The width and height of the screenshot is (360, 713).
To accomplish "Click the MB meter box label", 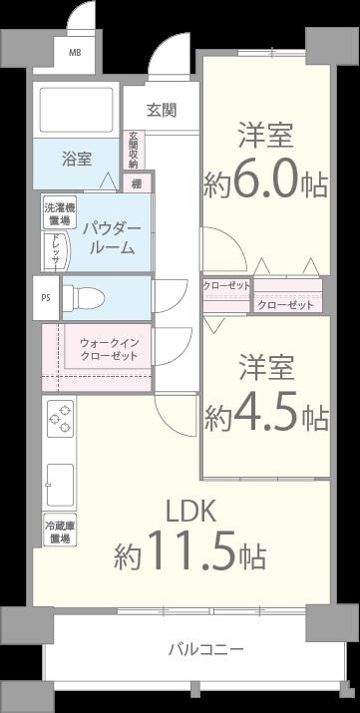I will tap(75, 53).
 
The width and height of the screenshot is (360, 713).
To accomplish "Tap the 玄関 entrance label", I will tap(161, 110).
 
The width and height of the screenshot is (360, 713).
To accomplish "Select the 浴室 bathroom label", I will tap(76, 158).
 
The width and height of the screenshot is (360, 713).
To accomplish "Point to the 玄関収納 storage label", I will tap(133, 151).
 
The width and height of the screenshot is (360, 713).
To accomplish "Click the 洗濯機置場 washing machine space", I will tap(56, 213).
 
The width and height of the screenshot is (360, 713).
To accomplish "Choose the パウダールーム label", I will tap(111, 237).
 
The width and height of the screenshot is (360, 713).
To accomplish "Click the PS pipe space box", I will tap(45, 297).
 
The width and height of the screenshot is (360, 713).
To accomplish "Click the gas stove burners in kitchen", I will tap(59, 418).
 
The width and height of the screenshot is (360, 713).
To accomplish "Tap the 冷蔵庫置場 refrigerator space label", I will tap(57, 532).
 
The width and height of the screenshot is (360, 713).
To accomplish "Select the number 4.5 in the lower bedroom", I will tap(267, 415).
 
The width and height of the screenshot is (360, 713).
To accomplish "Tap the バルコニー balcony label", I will tap(205, 649).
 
